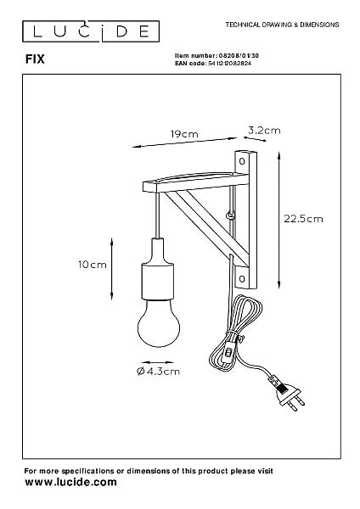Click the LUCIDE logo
[x=91, y=31]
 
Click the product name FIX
[x=35, y=59]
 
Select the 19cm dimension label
[x=184, y=134]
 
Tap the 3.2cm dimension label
[x=264, y=131]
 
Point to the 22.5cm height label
[x=303, y=219]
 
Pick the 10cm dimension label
[x=93, y=265]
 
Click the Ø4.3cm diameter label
[x=158, y=371]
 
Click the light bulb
[x=159, y=323]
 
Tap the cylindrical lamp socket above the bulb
[x=158, y=281]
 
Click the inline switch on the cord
[x=229, y=351]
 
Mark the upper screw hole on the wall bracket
[x=242, y=161]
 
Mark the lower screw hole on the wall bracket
[x=242, y=278]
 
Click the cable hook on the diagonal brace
[x=231, y=215]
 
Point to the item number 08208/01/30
[x=239, y=56]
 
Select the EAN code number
[x=229, y=64]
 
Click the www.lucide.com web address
[x=70, y=482]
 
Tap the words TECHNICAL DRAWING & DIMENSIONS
[x=283, y=25]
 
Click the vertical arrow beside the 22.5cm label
[x=278, y=220]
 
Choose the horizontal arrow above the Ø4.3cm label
[x=158, y=362]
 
